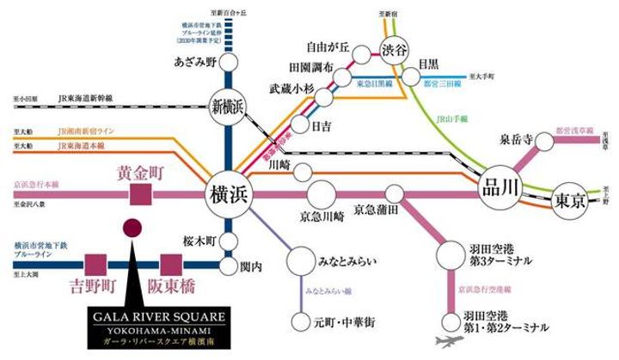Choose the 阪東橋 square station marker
(168, 265)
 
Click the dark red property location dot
(132, 229)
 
